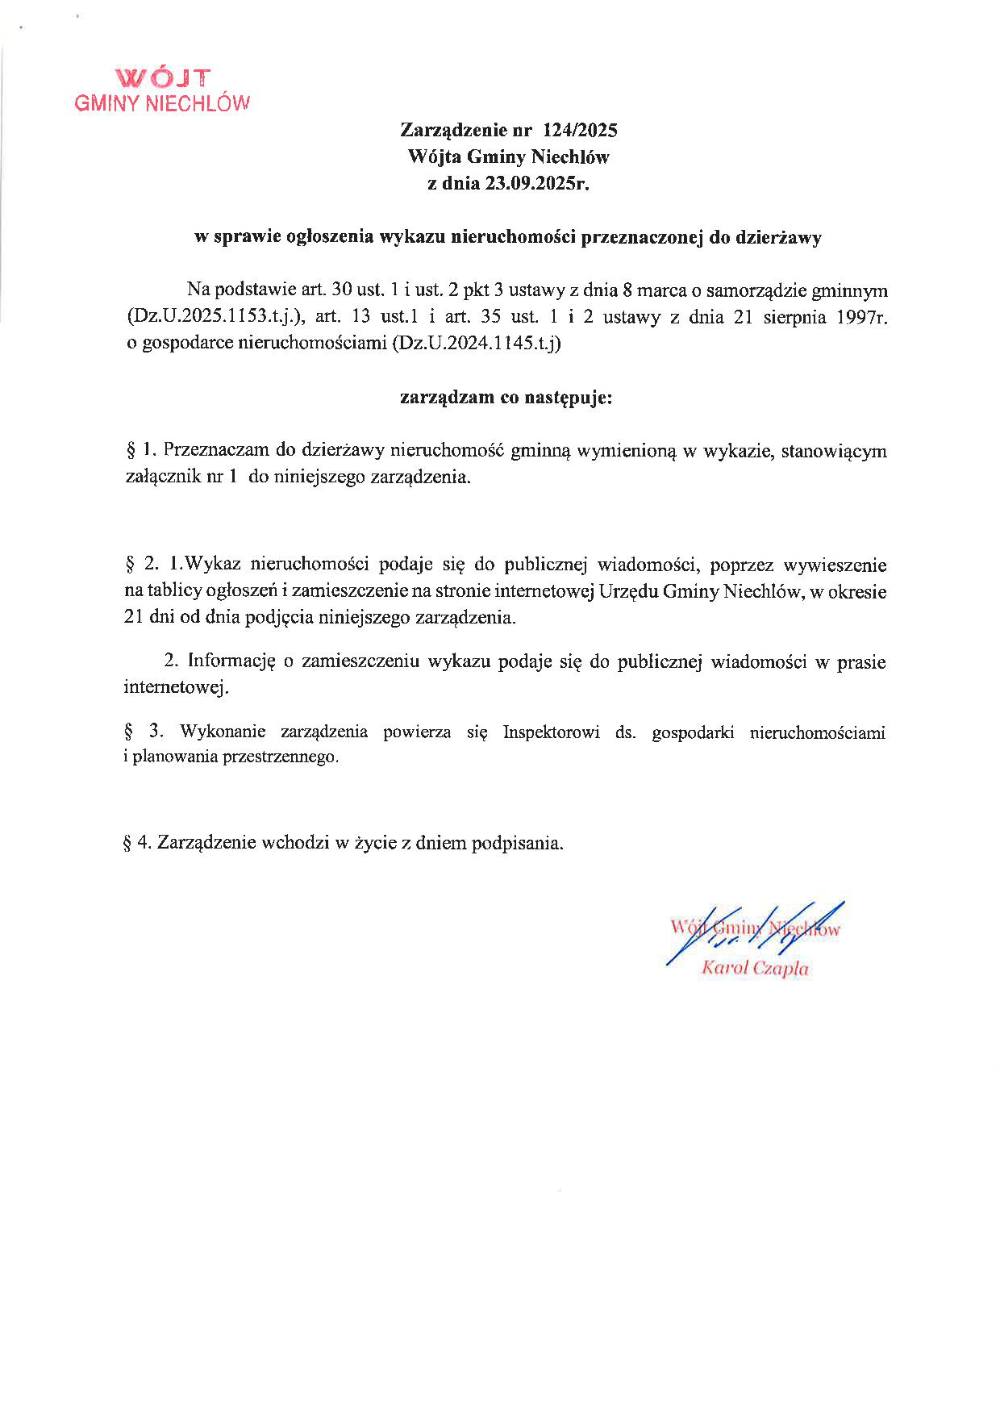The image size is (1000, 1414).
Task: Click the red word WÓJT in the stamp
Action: [164, 78]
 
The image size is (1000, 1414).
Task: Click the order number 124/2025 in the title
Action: [581, 130]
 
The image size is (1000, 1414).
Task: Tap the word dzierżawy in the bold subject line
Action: [781, 238]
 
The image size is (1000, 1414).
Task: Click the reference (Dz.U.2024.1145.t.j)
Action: [475, 344]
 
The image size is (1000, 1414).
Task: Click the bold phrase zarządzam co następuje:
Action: [506, 398]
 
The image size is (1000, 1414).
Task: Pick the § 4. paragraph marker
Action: [137, 843]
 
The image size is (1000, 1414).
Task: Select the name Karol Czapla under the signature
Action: [755, 969]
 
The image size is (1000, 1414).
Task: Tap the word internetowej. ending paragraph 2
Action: [176, 688]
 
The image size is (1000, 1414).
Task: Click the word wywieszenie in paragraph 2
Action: [839, 565]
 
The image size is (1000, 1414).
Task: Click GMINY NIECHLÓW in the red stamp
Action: [162, 103]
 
